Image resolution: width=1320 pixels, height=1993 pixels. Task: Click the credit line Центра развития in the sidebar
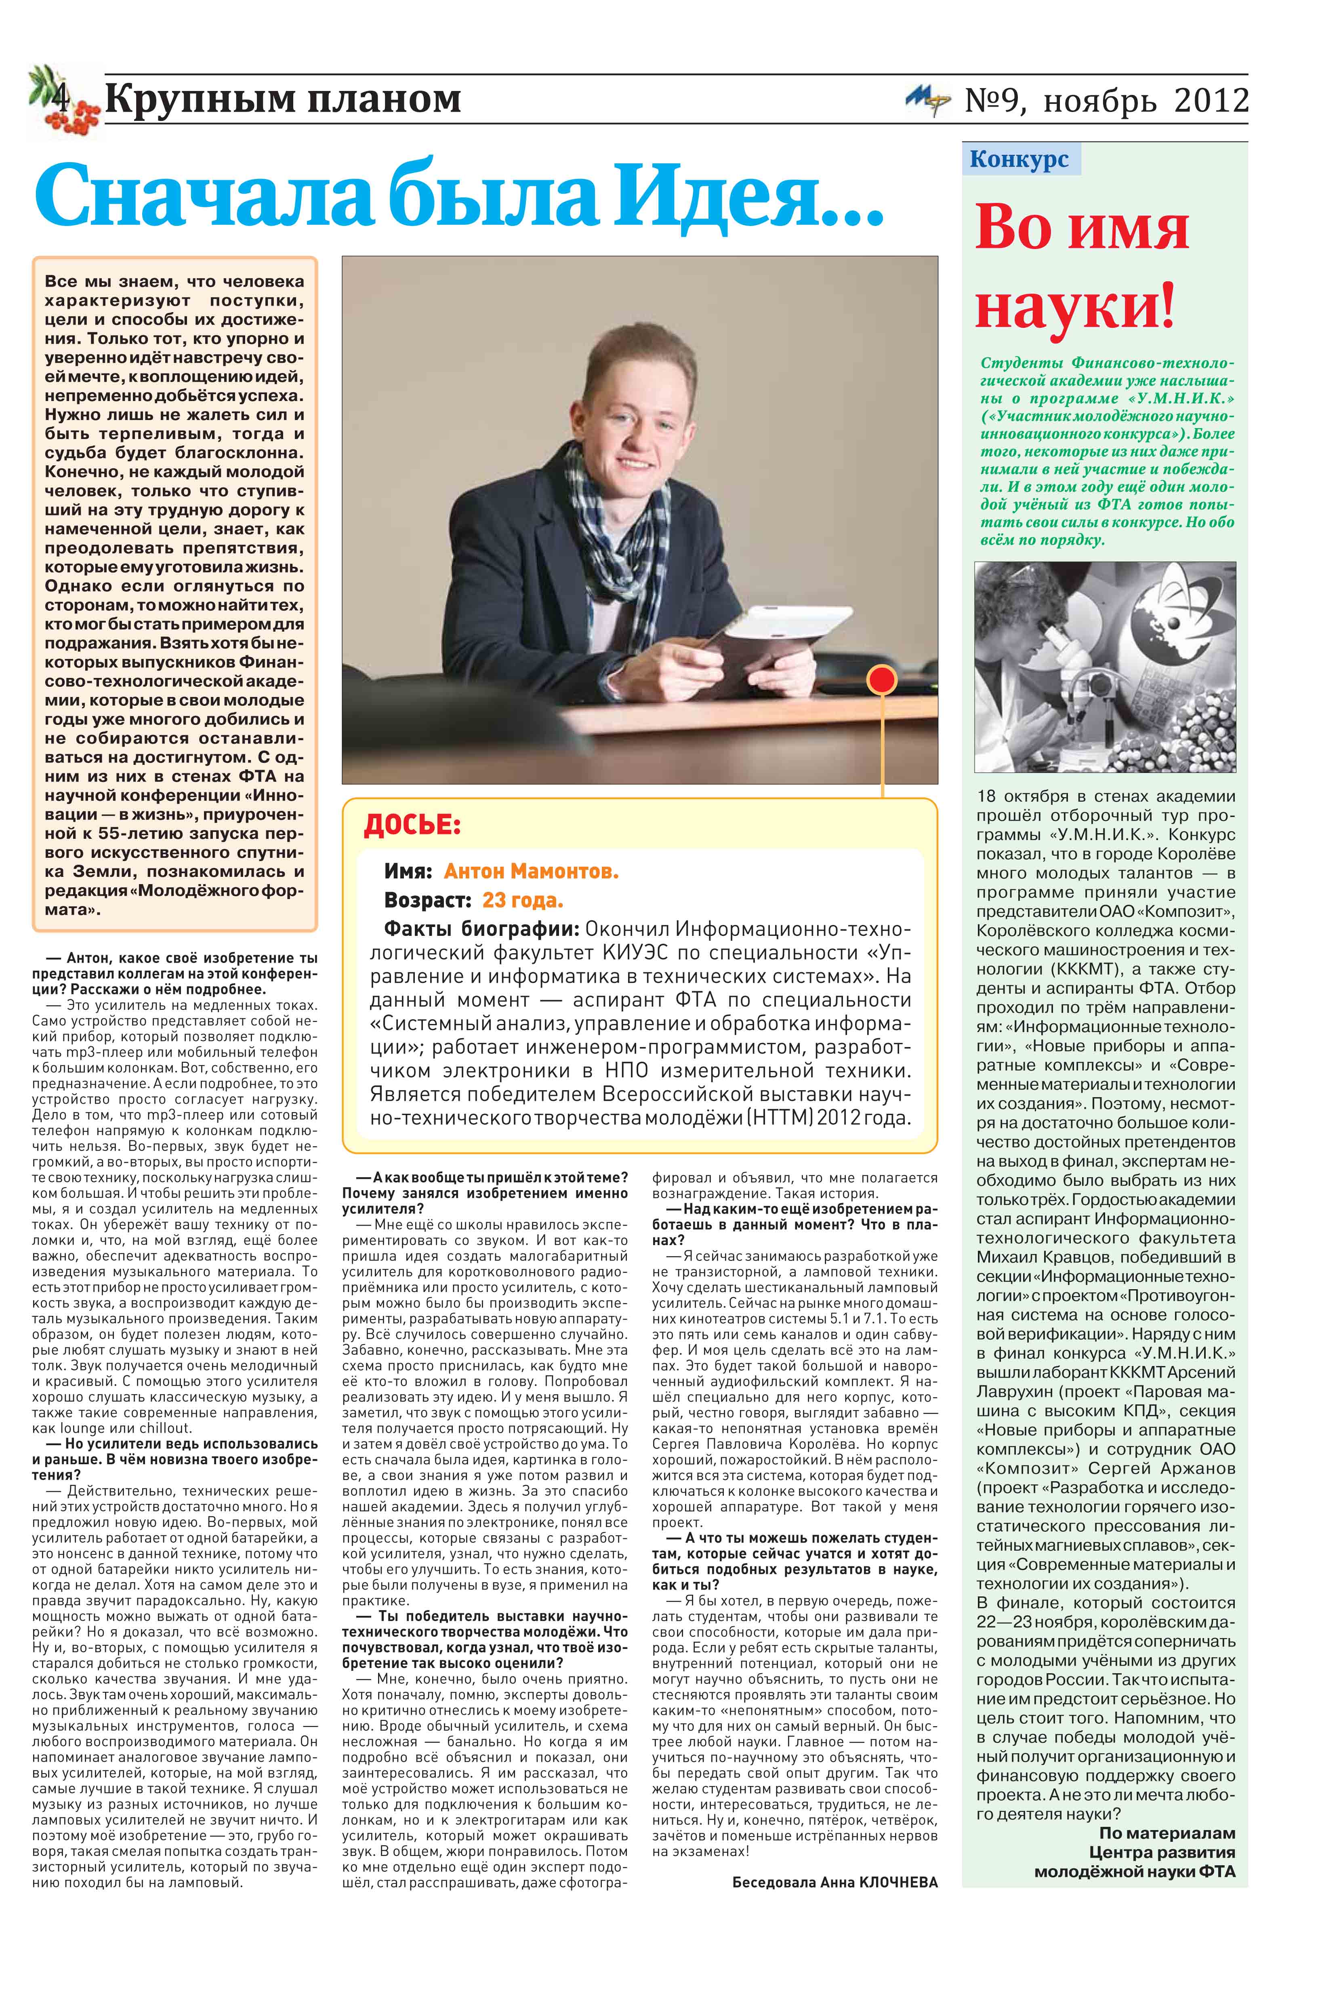click(1162, 1852)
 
